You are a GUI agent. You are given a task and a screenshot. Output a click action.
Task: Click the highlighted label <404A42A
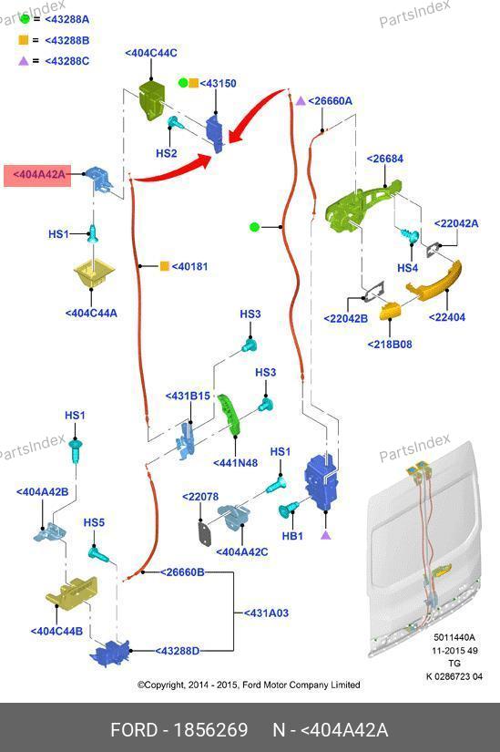(38, 175)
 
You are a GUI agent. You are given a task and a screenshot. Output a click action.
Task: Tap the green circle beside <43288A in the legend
(25, 19)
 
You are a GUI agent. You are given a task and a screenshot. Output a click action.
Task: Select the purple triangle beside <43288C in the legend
(24, 61)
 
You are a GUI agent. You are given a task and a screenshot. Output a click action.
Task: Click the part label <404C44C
(151, 53)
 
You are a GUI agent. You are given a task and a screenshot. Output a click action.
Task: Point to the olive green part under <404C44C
(151, 99)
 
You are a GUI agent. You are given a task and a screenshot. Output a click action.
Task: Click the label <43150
(218, 84)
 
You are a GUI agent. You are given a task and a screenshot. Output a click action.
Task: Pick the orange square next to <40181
(165, 265)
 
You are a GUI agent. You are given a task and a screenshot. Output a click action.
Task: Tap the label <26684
(385, 160)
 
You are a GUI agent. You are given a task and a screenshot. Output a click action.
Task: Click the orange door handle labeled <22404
(434, 282)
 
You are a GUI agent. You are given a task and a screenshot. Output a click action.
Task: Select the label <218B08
(390, 345)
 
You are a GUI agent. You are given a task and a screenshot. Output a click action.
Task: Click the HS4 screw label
(407, 268)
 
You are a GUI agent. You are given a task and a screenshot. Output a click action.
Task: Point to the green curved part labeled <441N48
(229, 414)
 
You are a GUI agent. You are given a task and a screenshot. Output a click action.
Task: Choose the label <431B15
(188, 397)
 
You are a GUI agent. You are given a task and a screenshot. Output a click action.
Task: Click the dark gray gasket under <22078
(205, 534)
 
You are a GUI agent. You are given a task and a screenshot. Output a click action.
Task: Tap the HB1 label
(292, 536)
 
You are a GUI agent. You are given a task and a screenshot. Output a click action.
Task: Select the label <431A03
(266, 613)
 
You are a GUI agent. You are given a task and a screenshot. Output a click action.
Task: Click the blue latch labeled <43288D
(110, 653)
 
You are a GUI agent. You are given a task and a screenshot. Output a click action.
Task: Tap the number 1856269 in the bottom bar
(210, 730)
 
